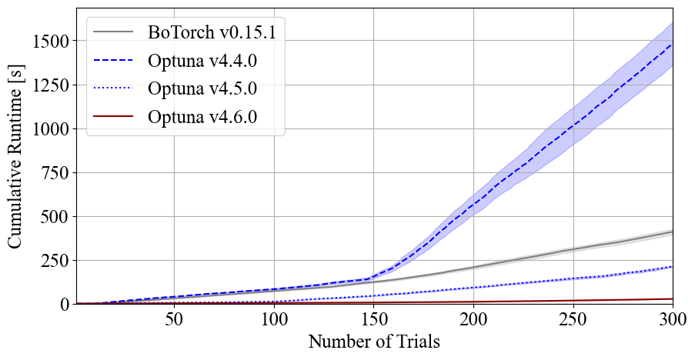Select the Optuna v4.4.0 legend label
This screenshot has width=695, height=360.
[202, 61]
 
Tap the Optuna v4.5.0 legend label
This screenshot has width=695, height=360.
[202, 88]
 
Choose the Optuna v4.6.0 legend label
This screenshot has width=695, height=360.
[202, 117]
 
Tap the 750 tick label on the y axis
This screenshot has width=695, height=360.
[57, 172]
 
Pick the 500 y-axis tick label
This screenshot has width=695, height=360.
[57, 217]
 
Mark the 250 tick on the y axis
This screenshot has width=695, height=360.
[57, 261]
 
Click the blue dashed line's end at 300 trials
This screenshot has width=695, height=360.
[672, 45]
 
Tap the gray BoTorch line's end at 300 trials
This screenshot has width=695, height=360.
[672, 232]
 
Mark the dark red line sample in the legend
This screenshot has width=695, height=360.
[112, 117]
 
